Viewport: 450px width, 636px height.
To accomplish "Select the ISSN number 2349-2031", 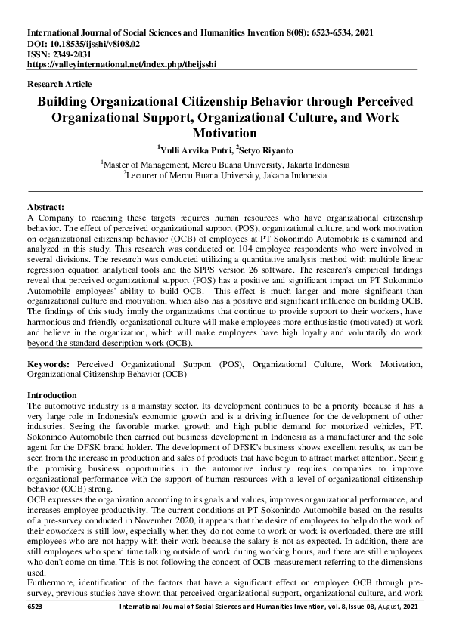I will coord(73,54).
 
